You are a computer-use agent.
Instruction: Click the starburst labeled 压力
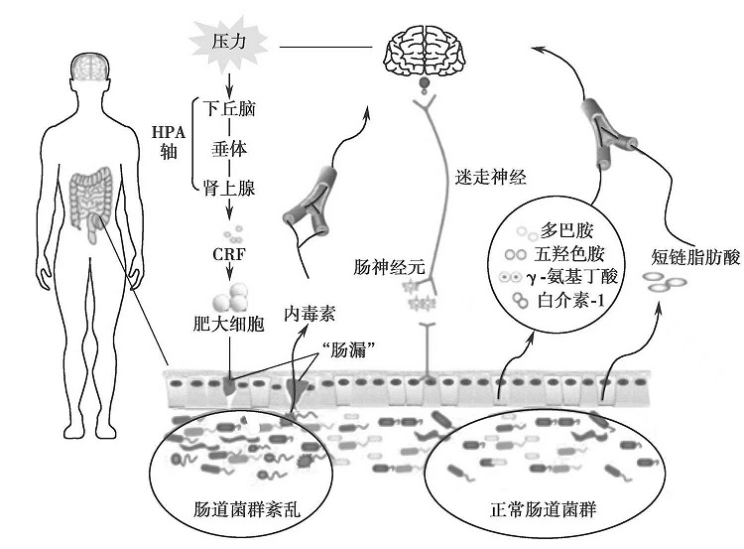[x=227, y=43]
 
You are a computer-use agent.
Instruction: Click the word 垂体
[x=229, y=148]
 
